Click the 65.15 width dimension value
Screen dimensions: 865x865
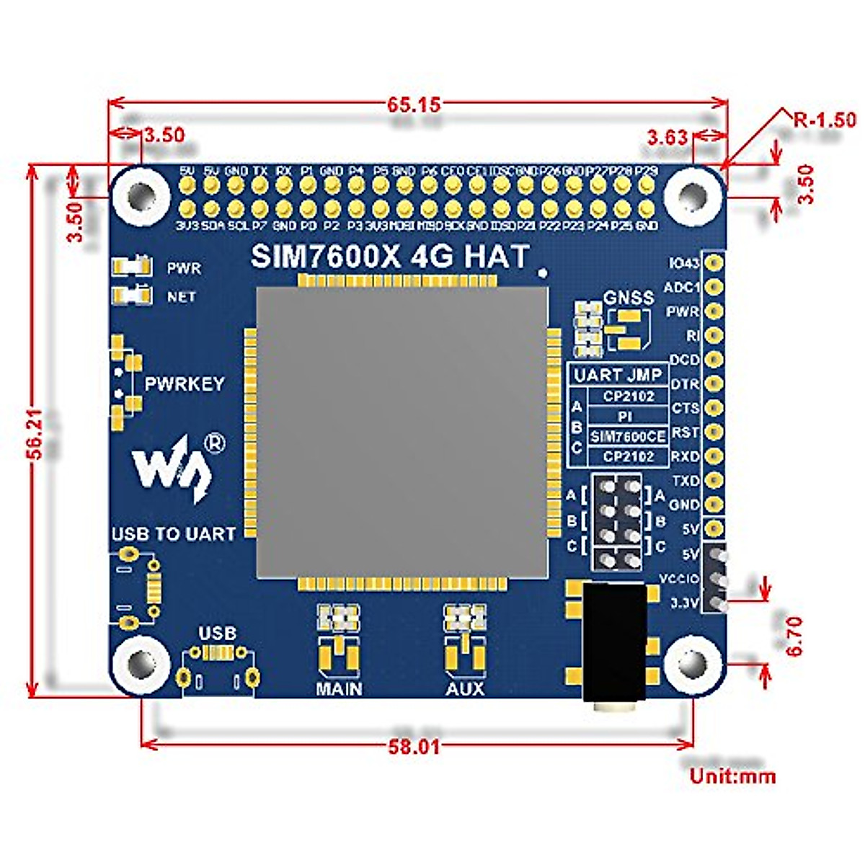(413, 105)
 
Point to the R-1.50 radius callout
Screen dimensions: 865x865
(824, 119)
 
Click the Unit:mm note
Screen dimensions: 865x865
(732, 776)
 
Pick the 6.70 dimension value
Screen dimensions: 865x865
(794, 635)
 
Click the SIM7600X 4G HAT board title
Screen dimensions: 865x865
(389, 257)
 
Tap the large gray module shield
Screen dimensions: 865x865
(402, 432)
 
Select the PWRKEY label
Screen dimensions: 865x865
(185, 384)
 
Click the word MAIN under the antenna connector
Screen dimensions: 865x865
(339, 689)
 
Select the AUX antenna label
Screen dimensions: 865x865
(465, 689)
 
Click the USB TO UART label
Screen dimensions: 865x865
(173, 534)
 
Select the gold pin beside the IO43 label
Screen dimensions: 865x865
(714, 262)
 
